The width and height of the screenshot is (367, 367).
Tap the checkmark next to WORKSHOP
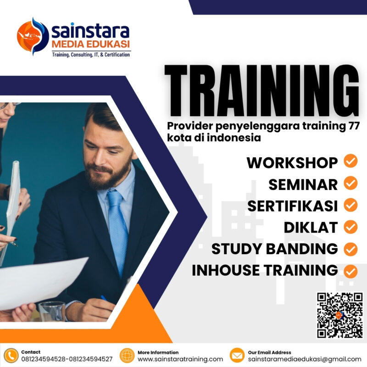tap(350, 161)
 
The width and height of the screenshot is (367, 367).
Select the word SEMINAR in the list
tap(303, 184)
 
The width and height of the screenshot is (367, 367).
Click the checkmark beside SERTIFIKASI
tap(350, 206)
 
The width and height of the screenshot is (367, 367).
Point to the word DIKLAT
tap(311, 227)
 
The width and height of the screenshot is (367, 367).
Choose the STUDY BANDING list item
tap(274, 249)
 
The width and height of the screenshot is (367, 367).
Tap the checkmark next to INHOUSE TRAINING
tap(350, 271)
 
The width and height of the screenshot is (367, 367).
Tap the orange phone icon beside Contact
tap(11, 356)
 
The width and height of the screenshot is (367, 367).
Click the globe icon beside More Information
tap(127, 356)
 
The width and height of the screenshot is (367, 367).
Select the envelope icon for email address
tap(237, 356)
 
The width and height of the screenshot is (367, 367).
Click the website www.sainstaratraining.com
tap(180, 359)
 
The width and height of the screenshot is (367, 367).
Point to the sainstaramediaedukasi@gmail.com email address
tap(305, 359)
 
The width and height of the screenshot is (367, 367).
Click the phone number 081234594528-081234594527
tap(67, 359)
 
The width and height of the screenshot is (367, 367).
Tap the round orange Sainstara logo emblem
tap(33, 37)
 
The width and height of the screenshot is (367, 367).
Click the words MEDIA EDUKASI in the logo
tap(91, 44)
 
